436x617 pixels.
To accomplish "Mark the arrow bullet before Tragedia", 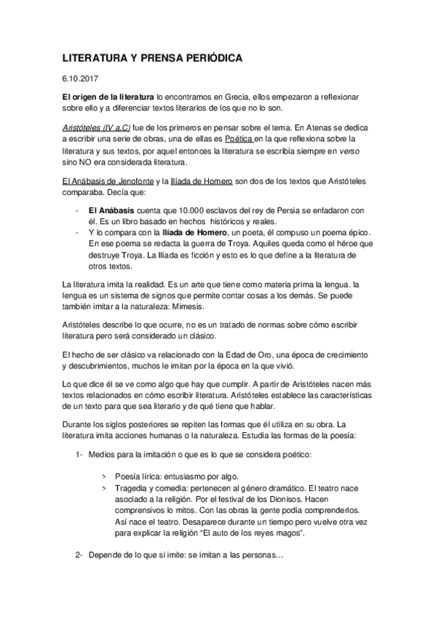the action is click(107, 486).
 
